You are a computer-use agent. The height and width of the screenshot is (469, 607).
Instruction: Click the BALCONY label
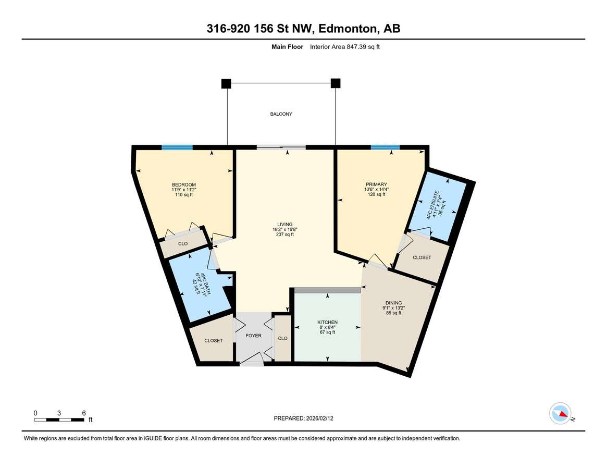pyautogui.click(x=281, y=114)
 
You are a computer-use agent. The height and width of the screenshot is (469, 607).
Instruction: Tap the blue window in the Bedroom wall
pyautogui.click(x=177, y=147)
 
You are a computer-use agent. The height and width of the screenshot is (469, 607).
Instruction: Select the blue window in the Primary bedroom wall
pyautogui.click(x=385, y=147)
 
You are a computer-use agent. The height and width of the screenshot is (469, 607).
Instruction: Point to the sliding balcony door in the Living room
pyautogui.click(x=281, y=147)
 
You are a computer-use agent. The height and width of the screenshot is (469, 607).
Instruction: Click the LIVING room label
pyautogui.click(x=285, y=224)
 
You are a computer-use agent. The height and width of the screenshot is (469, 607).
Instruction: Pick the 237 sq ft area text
pyautogui.click(x=285, y=234)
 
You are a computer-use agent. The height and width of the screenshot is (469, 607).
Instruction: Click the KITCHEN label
pyautogui.click(x=328, y=322)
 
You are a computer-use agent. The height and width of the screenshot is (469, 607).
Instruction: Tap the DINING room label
pyautogui.click(x=394, y=303)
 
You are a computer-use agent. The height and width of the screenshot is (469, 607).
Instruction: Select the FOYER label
pyautogui.click(x=254, y=336)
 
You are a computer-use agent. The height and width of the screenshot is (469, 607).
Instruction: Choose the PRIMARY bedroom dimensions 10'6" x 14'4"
pyautogui.click(x=376, y=189)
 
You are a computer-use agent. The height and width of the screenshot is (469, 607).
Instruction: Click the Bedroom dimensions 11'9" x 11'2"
pyautogui.click(x=184, y=190)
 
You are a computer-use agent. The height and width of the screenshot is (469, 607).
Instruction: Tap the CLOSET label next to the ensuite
pyautogui.click(x=422, y=257)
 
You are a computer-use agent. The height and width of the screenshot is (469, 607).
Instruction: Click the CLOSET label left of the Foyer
pyautogui.click(x=214, y=341)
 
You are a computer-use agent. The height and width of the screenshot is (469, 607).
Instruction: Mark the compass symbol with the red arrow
pyautogui.click(x=560, y=414)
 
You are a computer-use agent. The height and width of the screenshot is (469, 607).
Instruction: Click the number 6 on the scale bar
pyautogui.click(x=83, y=413)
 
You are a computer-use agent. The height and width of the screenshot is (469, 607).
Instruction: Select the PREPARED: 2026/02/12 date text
pyautogui.click(x=303, y=418)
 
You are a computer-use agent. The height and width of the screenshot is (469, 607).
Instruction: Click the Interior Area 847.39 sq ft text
pyautogui.click(x=345, y=47)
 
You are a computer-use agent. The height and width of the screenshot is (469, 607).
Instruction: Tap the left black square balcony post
pyautogui.click(x=226, y=83)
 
